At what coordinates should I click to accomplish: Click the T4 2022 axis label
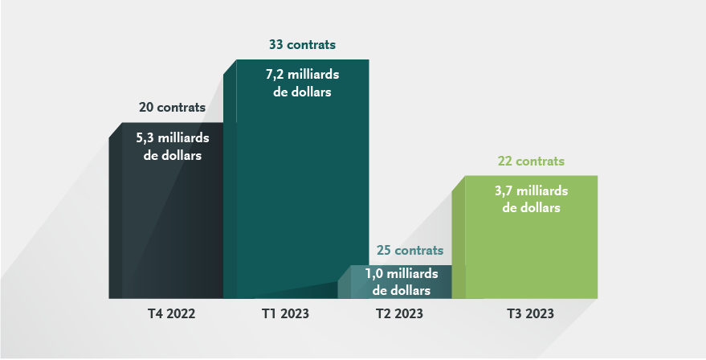(x=167, y=313)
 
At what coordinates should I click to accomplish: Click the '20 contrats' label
(x=172, y=107)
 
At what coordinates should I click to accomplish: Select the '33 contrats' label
(x=302, y=44)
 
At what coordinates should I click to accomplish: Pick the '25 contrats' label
(x=410, y=251)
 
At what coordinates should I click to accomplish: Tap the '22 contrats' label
(x=531, y=161)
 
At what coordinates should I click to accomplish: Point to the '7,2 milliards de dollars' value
(x=302, y=83)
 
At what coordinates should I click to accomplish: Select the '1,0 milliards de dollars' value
(x=402, y=281)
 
